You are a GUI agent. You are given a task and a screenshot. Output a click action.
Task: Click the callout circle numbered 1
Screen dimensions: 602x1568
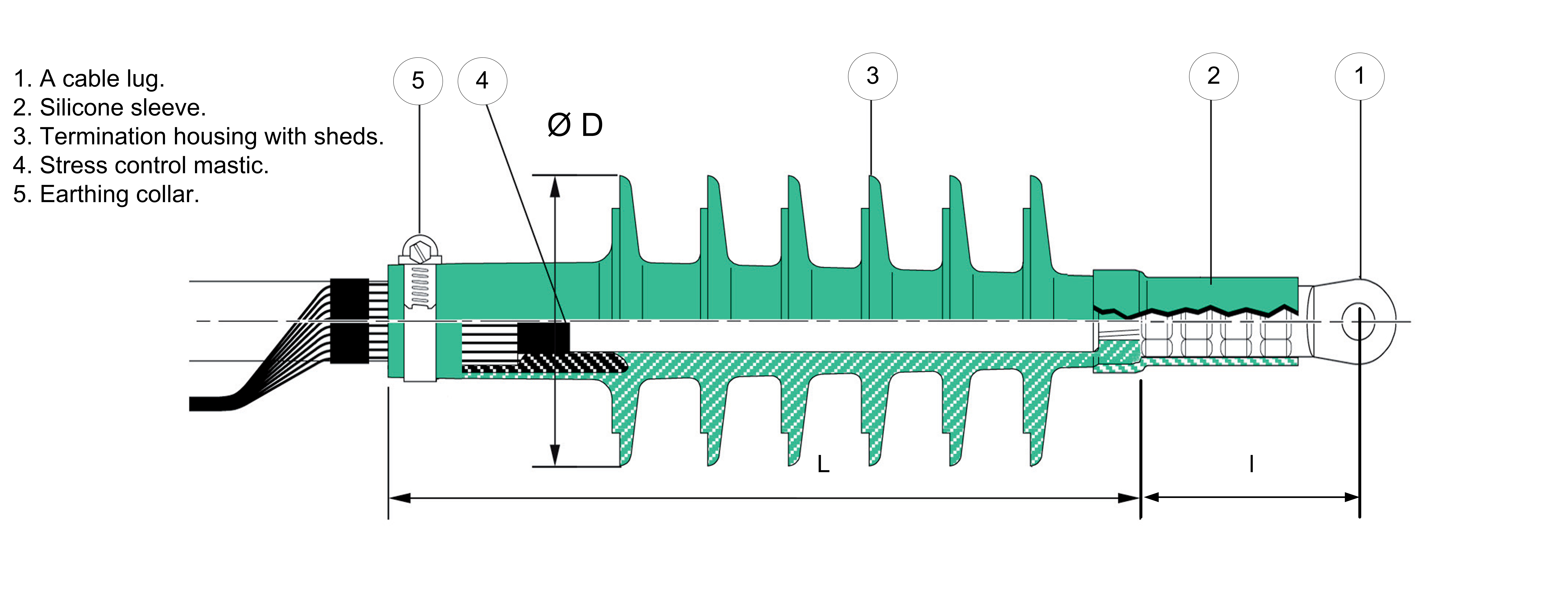tap(1359, 77)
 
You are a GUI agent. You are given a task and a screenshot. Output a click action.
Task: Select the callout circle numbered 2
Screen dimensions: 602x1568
tap(1213, 77)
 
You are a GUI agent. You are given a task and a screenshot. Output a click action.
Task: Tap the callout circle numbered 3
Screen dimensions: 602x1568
tap(872, 77)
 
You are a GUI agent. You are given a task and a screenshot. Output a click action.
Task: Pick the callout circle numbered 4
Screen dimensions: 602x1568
tap(482, 81)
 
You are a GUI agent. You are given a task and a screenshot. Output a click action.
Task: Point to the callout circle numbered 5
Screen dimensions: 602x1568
tap(418, 81)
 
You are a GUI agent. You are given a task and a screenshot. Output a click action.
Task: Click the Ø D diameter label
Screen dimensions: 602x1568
tap(575, 125)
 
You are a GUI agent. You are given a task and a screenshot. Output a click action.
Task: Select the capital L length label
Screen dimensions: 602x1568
tap(823, 464)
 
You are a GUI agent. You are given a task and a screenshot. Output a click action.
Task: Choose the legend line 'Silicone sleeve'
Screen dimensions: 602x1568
tap(110, 108)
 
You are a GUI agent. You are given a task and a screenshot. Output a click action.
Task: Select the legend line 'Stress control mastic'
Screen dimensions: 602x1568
tap(141, 166)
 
